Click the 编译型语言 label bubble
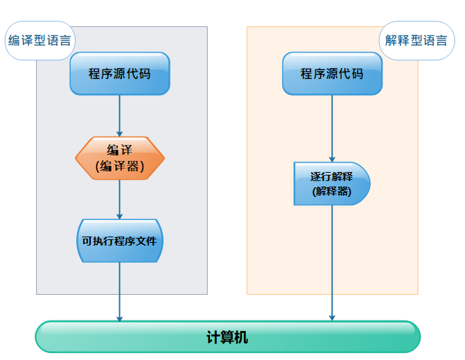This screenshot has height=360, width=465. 40,40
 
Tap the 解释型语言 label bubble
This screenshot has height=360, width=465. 416,40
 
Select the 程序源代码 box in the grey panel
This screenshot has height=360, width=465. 120,74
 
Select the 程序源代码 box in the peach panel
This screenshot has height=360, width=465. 332,74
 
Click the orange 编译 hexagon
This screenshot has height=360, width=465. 120,158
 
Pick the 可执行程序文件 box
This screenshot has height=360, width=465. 120,241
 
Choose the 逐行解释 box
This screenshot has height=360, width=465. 332,184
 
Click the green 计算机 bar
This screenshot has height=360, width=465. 227,337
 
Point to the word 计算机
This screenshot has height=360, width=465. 227,338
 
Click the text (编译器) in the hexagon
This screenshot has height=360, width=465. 120,166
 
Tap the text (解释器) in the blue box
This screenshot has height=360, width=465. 332,191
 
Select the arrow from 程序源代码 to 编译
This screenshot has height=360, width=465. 120,115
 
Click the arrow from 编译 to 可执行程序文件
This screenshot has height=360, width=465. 120,199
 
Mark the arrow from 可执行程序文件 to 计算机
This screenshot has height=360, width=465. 120,291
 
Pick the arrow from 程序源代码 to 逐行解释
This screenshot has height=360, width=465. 332,128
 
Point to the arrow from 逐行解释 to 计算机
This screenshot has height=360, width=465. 332,264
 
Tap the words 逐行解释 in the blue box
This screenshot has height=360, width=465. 332,177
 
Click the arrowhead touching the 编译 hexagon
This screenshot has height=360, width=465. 120,133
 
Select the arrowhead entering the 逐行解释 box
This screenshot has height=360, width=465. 332,159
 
